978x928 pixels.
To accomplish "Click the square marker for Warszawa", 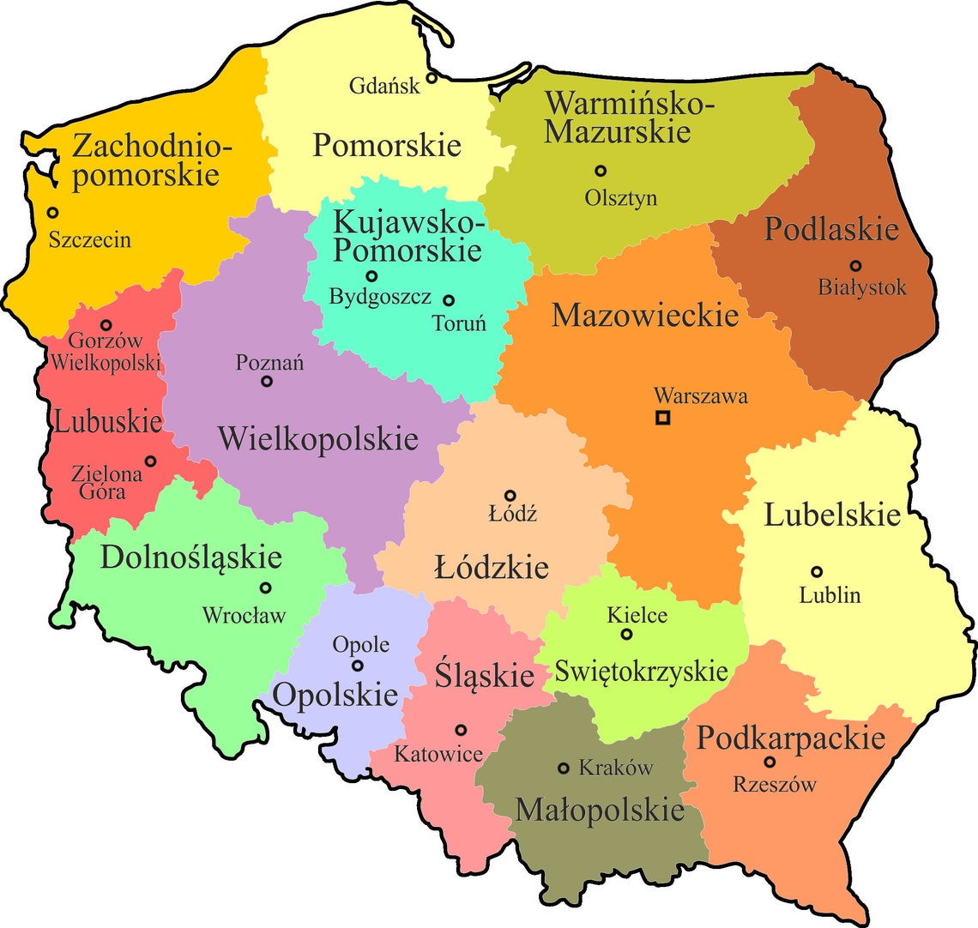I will [662, 419].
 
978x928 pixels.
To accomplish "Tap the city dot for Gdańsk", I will [432, 78].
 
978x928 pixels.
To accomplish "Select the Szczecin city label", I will [90, 238].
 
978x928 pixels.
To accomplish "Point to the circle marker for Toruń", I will [449, 300].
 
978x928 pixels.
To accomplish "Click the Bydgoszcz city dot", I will [371, 276].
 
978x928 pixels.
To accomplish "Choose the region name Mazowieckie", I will [645, 315].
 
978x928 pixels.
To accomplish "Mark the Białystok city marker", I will [855, 265].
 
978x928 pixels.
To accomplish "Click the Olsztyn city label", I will [621, 198].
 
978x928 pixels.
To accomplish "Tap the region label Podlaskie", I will [831, 229].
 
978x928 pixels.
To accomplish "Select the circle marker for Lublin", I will [817, 571].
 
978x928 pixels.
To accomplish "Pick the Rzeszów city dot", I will [770, 762].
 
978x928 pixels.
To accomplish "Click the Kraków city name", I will [616, 768].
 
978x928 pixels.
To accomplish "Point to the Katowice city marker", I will [461, 730].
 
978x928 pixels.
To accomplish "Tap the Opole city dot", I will [358, 666].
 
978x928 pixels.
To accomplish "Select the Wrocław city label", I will [244, 615].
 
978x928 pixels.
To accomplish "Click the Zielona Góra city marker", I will [151, 461].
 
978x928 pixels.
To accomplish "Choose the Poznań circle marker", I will [267, 382].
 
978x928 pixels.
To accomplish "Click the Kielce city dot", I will [626, 634].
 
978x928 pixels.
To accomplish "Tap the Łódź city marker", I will [510, 495].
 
